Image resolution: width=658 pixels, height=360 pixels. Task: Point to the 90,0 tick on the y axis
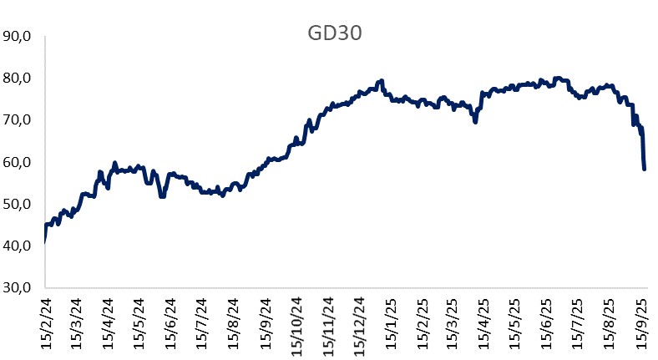(18, 37)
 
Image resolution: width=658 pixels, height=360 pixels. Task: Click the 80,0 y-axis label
(18, 79)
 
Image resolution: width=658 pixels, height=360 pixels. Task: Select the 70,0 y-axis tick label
(18, 120)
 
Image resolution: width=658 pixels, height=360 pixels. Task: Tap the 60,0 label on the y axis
(18, 162)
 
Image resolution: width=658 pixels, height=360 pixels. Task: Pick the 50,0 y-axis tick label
(18, 204)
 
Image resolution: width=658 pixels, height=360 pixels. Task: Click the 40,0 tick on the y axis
(18, 246)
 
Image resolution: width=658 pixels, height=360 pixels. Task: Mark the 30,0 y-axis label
(18, 287)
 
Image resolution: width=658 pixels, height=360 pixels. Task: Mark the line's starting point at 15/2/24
(43, 241)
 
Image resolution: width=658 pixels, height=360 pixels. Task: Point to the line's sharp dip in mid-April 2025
(475, 122)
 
